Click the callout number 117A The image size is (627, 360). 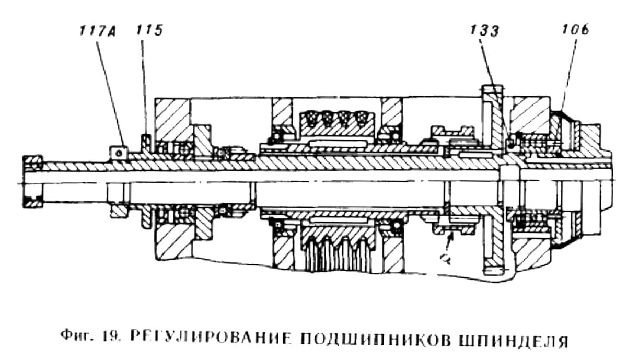tap(98, 30)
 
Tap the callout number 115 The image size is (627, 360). tap(149, 30)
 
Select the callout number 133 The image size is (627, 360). tap(483, 30)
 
